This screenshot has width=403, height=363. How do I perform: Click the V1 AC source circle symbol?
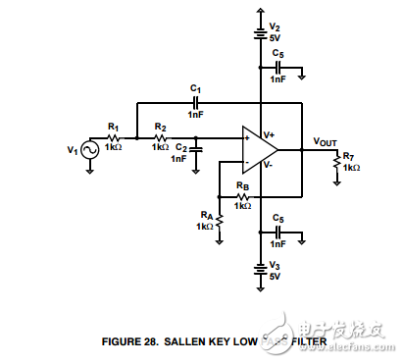coord(89,150)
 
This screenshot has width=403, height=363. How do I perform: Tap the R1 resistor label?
coord(114,127)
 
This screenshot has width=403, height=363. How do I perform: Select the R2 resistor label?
coord(161,127)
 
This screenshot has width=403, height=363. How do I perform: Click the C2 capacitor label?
coord(180,146)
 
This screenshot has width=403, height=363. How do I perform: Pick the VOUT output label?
coord(326,141)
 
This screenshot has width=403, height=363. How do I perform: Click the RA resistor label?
coord(205,214)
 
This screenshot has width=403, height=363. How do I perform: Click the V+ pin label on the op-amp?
coord(270,132)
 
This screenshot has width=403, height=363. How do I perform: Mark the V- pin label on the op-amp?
coord(270,166)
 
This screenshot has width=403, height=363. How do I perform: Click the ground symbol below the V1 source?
coord(89,169)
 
